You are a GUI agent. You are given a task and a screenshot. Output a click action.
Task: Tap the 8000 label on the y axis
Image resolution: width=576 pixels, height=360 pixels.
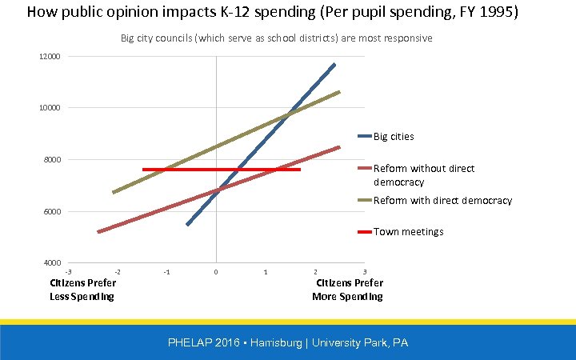tap(51, 160)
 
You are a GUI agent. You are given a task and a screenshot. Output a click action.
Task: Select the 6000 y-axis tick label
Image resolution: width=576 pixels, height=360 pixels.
tap(51, 212)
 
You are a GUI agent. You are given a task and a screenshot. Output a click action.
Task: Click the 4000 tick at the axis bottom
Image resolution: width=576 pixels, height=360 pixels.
tap(51, 263)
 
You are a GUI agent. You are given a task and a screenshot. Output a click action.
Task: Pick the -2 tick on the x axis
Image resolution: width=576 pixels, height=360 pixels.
tap(118, 273)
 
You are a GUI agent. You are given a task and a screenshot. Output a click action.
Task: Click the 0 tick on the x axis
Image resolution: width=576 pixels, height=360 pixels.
tap(216, 273)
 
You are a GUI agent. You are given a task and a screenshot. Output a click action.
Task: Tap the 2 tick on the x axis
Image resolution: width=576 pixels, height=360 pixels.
tap(315, 273)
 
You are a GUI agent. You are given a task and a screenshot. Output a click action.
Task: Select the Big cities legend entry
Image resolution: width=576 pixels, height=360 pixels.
tap(393, 137)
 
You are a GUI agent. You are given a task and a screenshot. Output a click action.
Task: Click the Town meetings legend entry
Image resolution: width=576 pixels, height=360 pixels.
tap(408, 232)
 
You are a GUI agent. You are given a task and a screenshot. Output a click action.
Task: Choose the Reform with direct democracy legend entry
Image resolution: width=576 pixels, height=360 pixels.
tap(442, 201)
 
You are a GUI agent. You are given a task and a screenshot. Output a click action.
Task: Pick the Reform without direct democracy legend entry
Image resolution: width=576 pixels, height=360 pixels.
tap(423, 175)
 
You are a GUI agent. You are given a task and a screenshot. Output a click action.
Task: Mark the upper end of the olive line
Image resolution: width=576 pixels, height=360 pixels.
tap(339, 92)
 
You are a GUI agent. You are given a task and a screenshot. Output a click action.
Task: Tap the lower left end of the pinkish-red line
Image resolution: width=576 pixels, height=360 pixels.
tap(99, 231)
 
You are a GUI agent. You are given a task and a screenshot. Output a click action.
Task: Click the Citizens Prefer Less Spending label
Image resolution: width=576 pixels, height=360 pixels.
tap(82, 290)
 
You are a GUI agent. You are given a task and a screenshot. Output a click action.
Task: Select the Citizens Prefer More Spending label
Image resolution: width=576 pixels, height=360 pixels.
tap(348, 290)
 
